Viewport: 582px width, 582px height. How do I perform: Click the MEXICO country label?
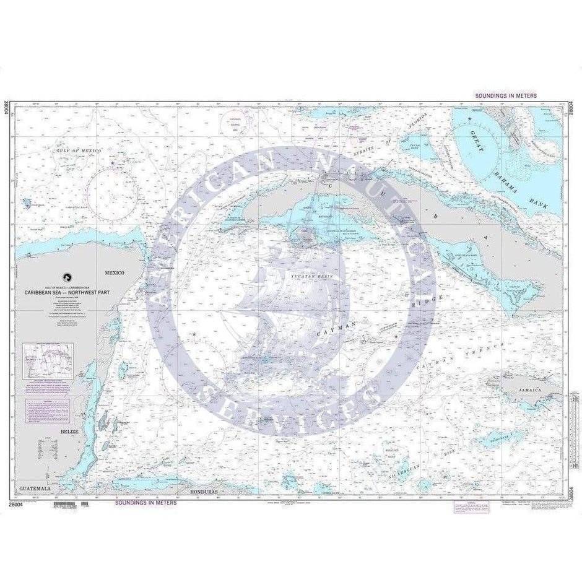tap(115, 272)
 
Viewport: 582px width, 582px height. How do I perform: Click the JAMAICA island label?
tap(533, 389)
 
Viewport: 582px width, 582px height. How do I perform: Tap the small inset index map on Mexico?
tap(47, 360)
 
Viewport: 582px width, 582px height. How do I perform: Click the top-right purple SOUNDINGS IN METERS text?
tap(505, 97)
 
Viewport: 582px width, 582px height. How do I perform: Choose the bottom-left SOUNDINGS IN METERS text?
tap(145, 503)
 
